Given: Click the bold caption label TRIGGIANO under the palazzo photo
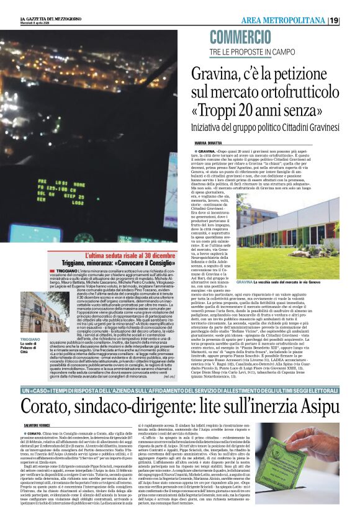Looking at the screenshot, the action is point(30,340).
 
